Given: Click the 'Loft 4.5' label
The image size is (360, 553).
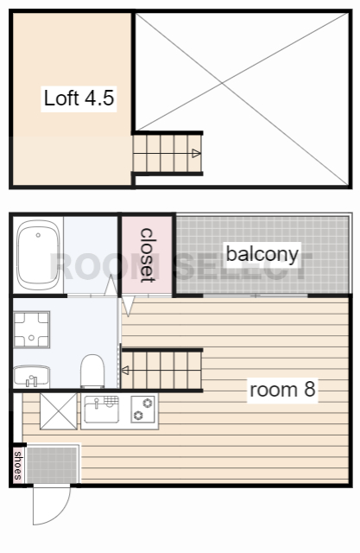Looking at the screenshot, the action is (79, 98).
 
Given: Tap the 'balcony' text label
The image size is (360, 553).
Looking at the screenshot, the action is (262, 254).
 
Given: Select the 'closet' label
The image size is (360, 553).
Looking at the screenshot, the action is (148, 255).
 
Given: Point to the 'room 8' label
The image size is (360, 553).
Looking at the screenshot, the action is (282, 390).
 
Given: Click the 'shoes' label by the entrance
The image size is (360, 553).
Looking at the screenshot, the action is (18, 465).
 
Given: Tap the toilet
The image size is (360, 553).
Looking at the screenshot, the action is (92, 372).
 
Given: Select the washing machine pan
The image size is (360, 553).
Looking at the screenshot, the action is (31, 329).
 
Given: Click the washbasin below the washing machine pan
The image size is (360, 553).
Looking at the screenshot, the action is (31, 377).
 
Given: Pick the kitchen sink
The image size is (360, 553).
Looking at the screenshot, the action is (102, 410).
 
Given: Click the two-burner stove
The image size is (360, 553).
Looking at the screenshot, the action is (142, 409).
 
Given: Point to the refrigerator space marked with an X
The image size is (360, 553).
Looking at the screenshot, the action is (59, 411).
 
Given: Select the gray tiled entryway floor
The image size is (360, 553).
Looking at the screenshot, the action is (52, 465).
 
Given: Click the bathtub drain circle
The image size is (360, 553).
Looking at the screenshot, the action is (38, 235).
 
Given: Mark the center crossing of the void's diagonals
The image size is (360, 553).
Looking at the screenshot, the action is (222, 83).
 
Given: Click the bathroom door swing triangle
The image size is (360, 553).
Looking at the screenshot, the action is (111, 285).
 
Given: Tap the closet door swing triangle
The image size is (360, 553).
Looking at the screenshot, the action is (128, 305).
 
